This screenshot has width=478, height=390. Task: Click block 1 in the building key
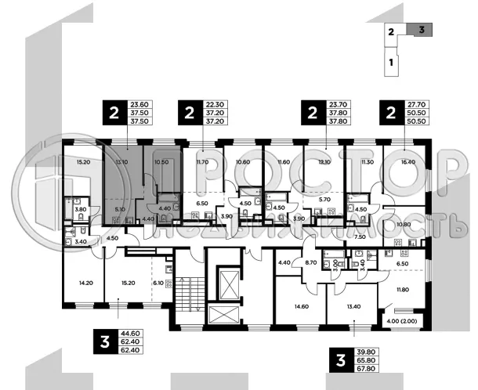[390, 60]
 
